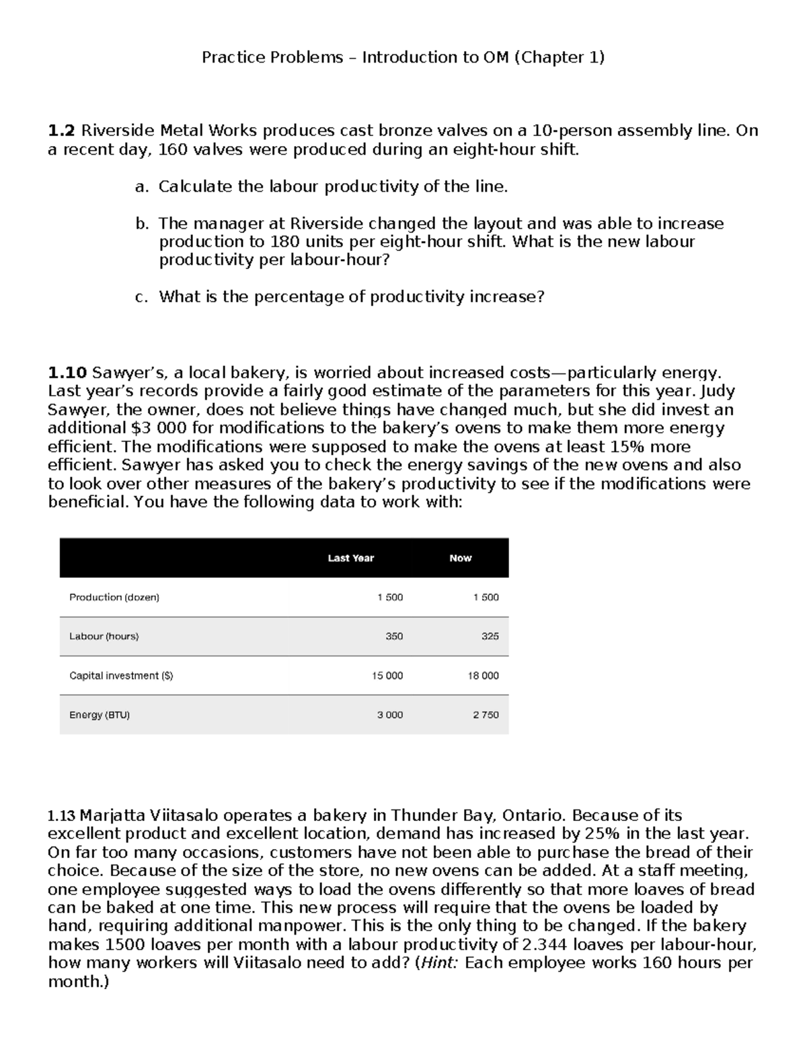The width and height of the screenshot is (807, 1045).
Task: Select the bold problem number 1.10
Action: tap(67, 373)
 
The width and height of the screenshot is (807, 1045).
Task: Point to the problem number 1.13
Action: tap(62, 816)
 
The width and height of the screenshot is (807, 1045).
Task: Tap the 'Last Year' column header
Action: tap(350, 558)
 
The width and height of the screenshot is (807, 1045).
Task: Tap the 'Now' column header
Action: tap(460, 558)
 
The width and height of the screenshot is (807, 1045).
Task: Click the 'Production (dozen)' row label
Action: tap(114, 597)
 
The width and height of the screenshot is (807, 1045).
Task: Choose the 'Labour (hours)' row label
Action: tap(104, 636)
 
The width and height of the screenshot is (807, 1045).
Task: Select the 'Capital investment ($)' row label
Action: tap(121, 676)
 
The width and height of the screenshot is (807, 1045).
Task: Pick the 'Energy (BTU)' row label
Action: tap(100, 715)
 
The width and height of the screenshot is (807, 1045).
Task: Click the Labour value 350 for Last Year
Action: tap(394, 636)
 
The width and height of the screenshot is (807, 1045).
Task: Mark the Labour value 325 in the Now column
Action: tap(490, 636)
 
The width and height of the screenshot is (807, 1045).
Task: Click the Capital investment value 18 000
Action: tap(483, 676)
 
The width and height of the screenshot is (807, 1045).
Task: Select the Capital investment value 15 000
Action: tap(387, 676)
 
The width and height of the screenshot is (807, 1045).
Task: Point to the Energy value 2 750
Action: tap(486, 715)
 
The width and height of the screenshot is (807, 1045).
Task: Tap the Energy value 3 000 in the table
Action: tap(389, 715)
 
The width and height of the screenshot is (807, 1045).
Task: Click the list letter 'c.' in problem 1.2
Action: tap(141, 297)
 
